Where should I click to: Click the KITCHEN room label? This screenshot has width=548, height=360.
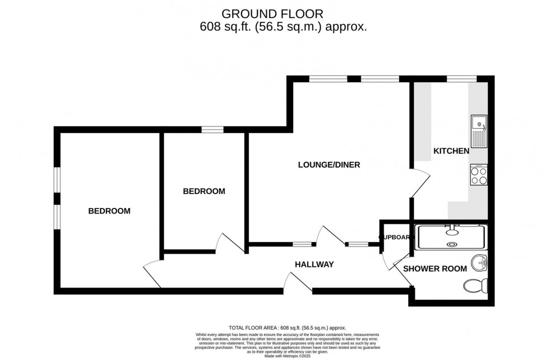tap(451, 151)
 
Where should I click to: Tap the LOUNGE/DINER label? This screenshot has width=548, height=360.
tap(329, 165)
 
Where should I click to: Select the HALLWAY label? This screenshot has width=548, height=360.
tap(314, 264)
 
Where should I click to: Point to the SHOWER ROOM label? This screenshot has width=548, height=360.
tap(435, 269)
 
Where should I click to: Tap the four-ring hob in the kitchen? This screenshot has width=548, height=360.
tap(479, 176)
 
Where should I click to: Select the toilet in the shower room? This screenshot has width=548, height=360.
tap(476, 286)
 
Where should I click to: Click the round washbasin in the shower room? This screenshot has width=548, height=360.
tap(479, 262)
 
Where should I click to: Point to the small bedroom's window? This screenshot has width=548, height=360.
tap(212, 130)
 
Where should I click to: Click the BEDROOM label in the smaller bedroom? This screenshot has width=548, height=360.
tap(204, 191)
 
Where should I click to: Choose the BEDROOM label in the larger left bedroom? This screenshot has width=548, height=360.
tap(109, 211)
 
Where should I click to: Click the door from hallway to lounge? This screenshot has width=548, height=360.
tap(330, 235)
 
